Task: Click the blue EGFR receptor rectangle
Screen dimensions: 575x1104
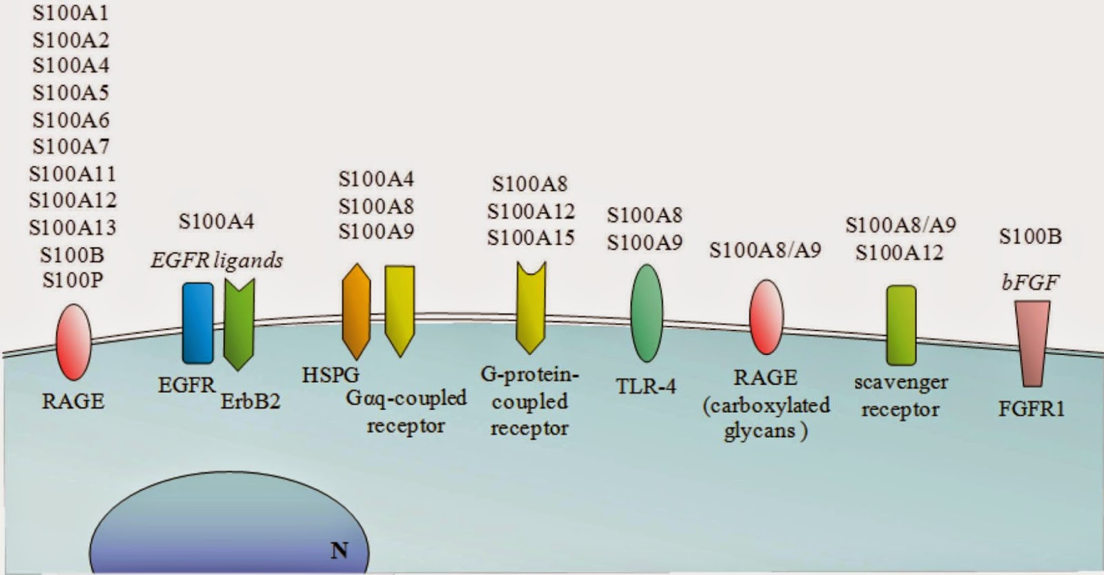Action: [197, 323]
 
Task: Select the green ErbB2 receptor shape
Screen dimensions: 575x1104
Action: [239, 324]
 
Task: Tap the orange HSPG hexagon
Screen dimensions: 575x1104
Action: [356, 311]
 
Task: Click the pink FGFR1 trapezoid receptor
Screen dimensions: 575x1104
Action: [1032, 343]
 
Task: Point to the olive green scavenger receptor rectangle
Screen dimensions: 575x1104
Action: [900, 325]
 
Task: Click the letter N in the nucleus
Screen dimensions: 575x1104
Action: [339, 550]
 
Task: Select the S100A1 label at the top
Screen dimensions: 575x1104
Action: [70, 13]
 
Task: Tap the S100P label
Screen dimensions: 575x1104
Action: [72, 280]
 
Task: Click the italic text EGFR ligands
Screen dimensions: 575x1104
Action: [217, 260]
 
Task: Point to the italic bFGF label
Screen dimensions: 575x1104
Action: [1030, 282]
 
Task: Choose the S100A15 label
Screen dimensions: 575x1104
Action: [531, 238]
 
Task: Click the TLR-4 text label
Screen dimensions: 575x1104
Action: [646, 387]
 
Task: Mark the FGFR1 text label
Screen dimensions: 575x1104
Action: [1032, 409]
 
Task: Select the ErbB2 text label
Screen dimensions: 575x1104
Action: [250, 401]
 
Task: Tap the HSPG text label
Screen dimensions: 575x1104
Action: [331, 375]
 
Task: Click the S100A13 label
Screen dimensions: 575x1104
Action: [72, 228]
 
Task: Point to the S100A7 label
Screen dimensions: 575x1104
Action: [70, 146]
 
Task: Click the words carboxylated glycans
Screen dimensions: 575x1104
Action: [766, 418]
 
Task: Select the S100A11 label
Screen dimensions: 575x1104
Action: [72, 174]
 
